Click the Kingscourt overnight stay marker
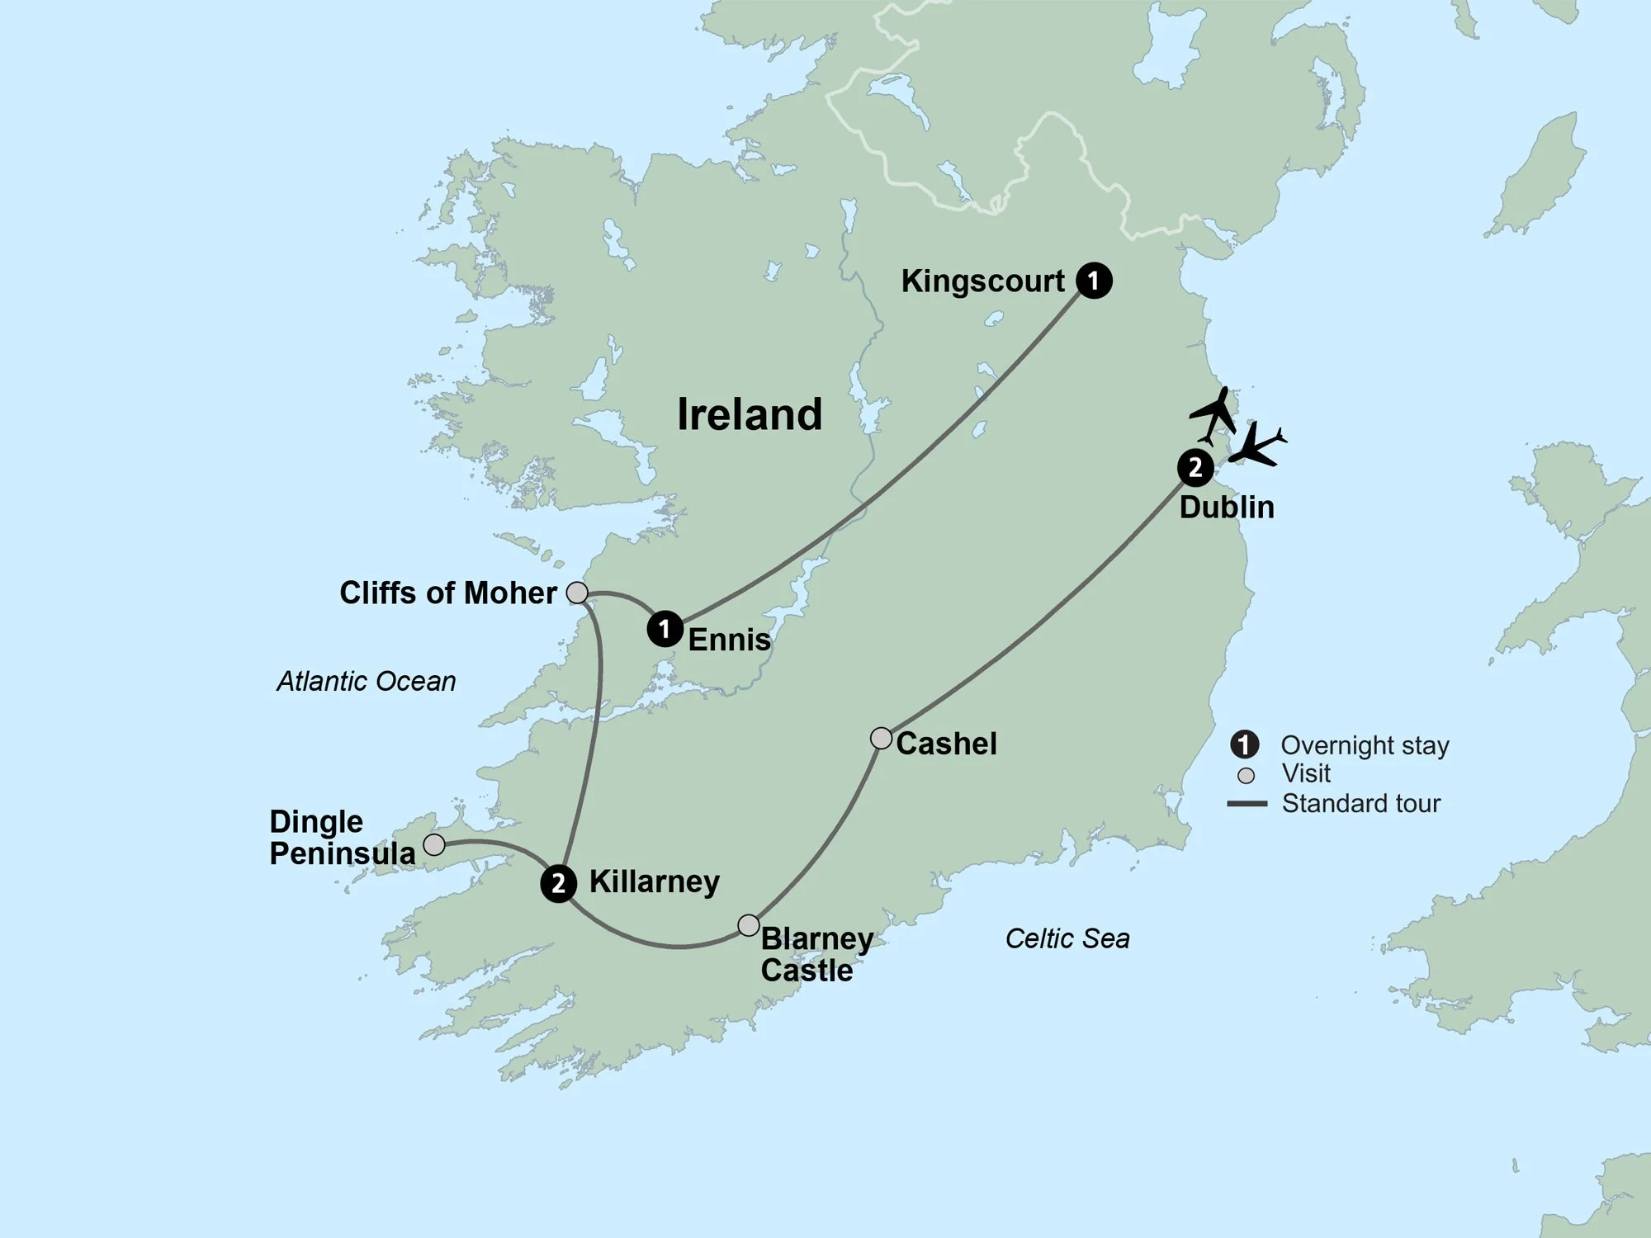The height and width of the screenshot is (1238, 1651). (x=1094, y=281)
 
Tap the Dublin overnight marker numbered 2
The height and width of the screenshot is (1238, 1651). (x=1194, y=468)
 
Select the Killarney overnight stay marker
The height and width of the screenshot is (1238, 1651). (x=559, y=884)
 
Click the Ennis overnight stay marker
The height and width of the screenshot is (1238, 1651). (x=665, y=629)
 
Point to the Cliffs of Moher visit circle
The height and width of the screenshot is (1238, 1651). (x=577, y=593)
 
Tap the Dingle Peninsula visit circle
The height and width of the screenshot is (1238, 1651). (x=434, y=844)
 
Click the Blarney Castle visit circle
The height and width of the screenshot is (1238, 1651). (x=748, y=925)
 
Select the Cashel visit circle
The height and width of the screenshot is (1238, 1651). (x=882, y=738)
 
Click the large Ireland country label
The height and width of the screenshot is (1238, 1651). (x=750, y=414)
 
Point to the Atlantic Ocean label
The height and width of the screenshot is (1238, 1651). (x=366, y=682)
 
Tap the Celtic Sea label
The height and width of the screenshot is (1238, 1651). (x=1067, y=938)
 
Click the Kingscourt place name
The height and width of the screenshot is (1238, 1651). (x=982, y=281)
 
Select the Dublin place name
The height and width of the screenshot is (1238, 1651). (x=1227, y=507)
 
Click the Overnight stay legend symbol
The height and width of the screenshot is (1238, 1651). (x=1244, y=744)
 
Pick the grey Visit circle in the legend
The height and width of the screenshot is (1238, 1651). (x=1247, y=776)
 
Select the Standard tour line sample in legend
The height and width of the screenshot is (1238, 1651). (x=1247, y=804)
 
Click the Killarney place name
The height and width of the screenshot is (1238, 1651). (x=654, y=882)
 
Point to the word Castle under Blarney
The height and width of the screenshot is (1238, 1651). (x=807, y=971)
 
